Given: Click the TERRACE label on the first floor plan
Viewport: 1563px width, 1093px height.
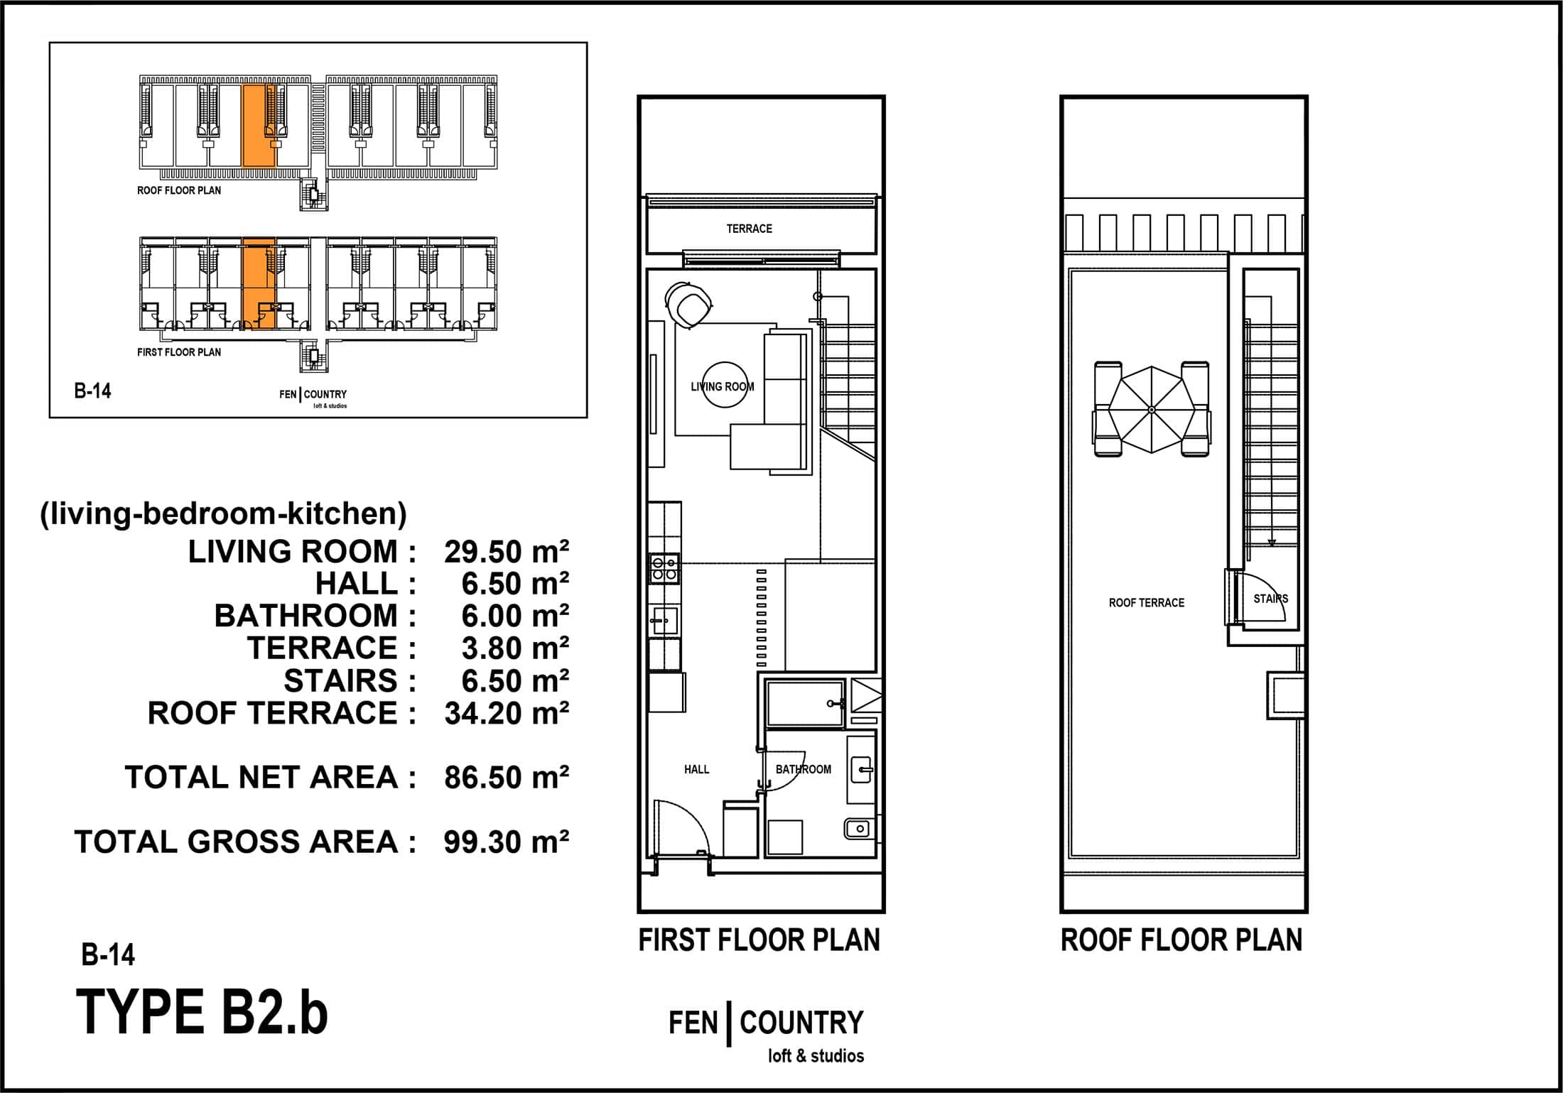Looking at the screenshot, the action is click(x=749, y=229).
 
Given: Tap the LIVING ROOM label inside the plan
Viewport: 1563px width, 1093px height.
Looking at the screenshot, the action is click(x=723, y=387).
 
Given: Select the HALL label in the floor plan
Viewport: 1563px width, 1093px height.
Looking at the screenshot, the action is click(x=696, y=769).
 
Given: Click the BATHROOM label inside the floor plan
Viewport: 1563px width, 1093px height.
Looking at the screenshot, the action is click(x=803, y=769).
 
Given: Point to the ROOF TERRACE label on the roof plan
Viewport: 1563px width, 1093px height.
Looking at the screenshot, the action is click(x=1147, y=603).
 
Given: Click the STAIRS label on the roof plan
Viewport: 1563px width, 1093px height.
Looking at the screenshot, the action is click(x=1270, y=599).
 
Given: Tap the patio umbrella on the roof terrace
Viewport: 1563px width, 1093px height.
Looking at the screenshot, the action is click(x=1151, y=410).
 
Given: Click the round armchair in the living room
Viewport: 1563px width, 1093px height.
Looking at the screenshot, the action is click(x=688, y=305).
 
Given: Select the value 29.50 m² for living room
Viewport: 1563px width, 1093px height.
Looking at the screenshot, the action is click(x=507, y=552).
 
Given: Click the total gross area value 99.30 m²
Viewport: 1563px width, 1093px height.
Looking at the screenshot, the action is click(x=507, y=842).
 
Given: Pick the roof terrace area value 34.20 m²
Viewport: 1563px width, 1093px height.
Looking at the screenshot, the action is click(x=507, y=713).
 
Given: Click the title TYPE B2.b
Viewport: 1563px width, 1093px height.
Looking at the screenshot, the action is click(x=202, y=1012).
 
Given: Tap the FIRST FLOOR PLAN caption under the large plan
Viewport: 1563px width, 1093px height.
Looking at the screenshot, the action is click(x=759, y=940).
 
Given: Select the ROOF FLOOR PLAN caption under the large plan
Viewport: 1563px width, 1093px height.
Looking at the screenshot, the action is click(x=1181, y=940).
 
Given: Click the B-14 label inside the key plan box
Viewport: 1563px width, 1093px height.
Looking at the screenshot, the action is click(x=92, y=391).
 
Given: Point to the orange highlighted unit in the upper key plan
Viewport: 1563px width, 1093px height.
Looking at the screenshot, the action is click(x=259, y=126).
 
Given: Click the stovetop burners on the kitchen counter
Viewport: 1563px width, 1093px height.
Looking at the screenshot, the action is click(x=664, y=568).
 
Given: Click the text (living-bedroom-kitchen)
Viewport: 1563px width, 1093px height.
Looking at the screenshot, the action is click(x=223, y=513).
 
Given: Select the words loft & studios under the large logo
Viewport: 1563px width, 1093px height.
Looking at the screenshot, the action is click(x=816, y=1055).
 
